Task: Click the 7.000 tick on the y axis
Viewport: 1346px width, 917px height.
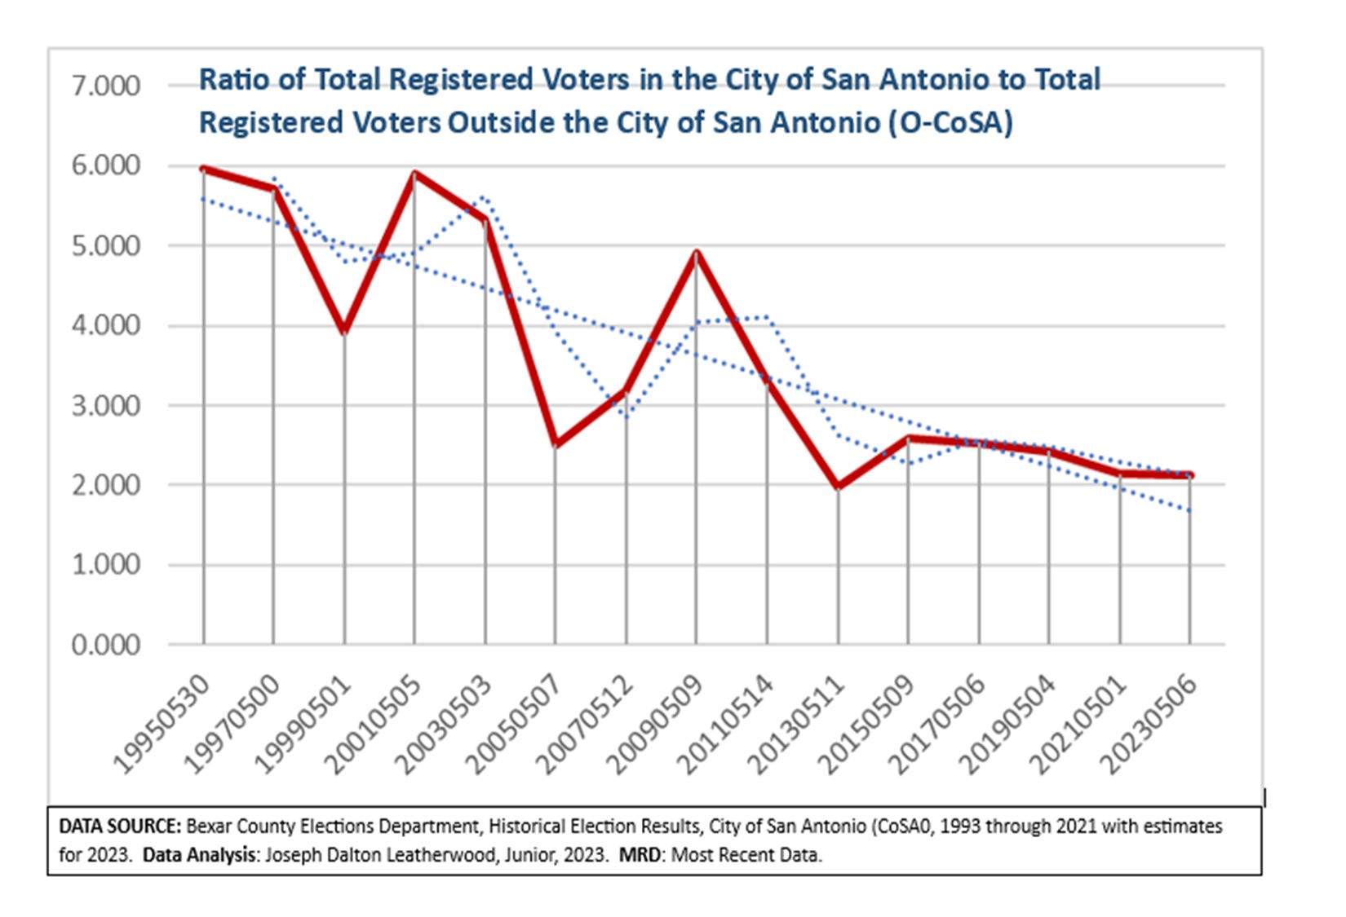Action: pyautogui.click(x=106, y=86)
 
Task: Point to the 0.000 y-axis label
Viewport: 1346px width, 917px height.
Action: pyautogui.click(x=106, y=646)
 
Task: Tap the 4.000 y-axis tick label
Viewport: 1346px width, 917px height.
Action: pyautogui.click(x=106, y=326)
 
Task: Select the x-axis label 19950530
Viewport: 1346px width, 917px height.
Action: pyautogui.click(x=163, y=724)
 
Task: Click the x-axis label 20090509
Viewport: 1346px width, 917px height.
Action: pyautogui.click(x=657, y=724)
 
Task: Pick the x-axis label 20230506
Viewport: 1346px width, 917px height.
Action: pyautogui.click(x=1150, y=724)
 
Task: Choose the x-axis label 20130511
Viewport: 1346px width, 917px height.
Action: pyautogui.click(x=798, y=724)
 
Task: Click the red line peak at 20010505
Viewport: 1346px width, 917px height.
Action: pyautogui.click(x=414, y=173)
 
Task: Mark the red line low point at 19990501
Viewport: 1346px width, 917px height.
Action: pyautogui.click(x=344, y=330)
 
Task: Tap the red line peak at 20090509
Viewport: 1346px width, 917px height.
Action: pyautogui.click(x=697, y=253)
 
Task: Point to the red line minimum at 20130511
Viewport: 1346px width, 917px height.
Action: pyautogui.click(x=838, y=486)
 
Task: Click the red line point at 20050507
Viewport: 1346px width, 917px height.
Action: pyautogui.click(x=556, y=444)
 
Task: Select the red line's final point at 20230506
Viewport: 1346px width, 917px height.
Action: pyautogui.click(x=1190, y=475)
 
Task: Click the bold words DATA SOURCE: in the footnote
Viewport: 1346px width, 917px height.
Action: pyautogui.click(x=119, y=827)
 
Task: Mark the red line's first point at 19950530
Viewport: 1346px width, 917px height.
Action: pyautogui.click(x=204, y=169)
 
